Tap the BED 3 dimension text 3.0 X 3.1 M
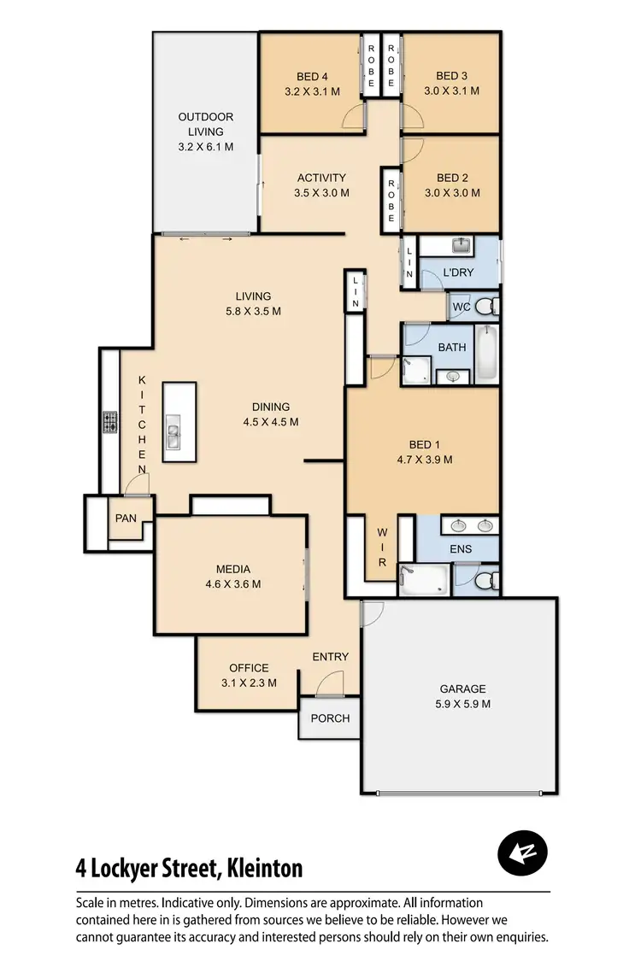point(451,91)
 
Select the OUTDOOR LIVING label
point(205,124)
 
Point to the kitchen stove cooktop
point(110,422)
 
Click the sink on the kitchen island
point(173,436)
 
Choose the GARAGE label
point(462,689)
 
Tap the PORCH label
point(330,718)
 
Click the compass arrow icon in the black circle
point(522,853)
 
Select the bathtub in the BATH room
point(485,352)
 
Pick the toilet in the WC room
point(485,306)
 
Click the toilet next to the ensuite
point(485,582)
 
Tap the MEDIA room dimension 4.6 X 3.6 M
point(233,584)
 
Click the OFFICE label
point(249,668)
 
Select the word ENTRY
point(330,656)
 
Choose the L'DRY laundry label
point(458,273)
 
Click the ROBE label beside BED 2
point(391,201)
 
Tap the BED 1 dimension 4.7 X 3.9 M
point(425,459)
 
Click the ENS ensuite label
point(461,549)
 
